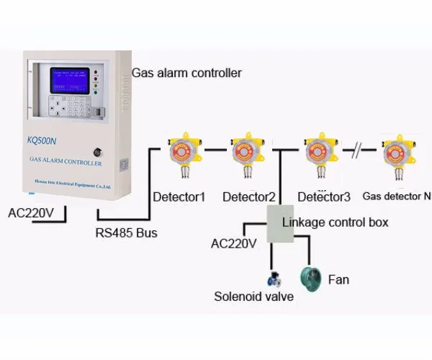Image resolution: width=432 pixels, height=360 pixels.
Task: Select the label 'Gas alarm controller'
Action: click(x=186, y=73)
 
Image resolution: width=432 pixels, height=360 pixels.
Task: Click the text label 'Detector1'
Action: click(x=179, y=196)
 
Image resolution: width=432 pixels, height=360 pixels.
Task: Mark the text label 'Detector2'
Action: click(x=249, y=196)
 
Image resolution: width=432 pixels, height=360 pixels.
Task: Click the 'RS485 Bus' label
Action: click(x=126, y=233)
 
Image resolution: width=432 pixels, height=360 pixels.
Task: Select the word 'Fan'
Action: click(x=339, y=278)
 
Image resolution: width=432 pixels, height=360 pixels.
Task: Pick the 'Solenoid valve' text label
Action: click(x=253, y=296)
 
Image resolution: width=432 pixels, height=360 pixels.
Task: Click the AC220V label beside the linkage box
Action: click(x=233, y=243)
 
